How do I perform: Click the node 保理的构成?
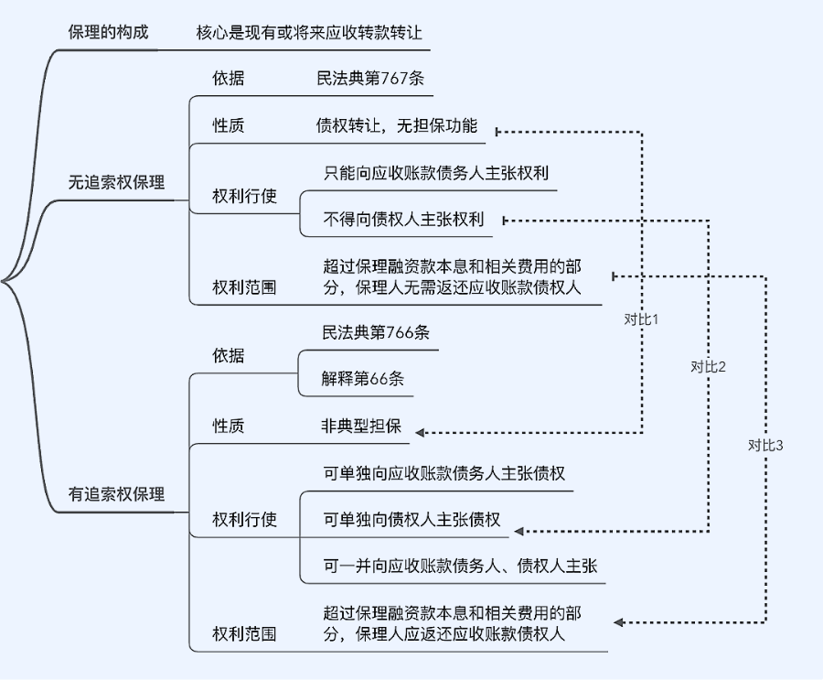pos(108,33)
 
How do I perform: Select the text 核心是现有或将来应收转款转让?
pos(309,33)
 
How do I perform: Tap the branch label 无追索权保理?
pos(116,182)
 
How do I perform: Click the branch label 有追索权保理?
pos(116,494)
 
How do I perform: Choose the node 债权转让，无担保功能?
pos(396,126)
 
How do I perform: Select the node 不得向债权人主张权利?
pos(403,220)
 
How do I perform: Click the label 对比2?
pos(709,367)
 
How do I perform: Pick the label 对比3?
pos(766,446)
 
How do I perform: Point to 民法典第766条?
pos(375,332)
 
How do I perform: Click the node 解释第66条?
pos(362,379)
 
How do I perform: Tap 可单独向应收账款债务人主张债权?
pos(444,473)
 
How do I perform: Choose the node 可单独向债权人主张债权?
pos(411,520)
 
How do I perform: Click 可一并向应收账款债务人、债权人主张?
pos(460,567)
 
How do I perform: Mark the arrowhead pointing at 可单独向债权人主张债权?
pos(518,531)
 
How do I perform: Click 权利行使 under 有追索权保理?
pos(244,520)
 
